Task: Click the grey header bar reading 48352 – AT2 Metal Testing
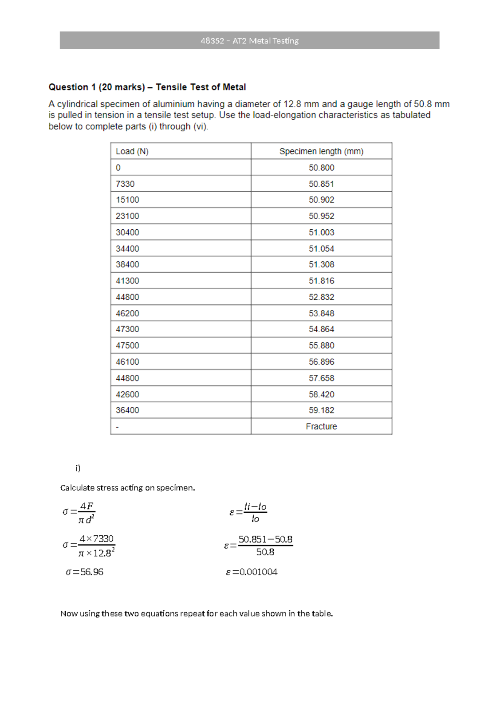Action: tap(249, 40)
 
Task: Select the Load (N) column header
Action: tap(132, 151)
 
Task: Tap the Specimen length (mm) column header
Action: tap(321, 151)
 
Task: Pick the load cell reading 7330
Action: tap(125, 184)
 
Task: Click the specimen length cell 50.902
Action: tap(321, 200)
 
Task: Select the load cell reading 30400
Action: tap(127, 232)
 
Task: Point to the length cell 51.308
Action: tap(321, 265)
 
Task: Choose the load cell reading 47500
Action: tap(127, 346)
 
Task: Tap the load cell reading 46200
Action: tap(127, 313)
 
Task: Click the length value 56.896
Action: tap(321, 362)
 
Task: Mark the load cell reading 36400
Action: tap(127, 410)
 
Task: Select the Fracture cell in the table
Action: tap(321, 426)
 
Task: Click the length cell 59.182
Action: tap(321, 410)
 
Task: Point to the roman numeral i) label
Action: tap(78, 468)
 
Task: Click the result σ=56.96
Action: tap(85, 572)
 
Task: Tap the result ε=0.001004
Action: tap(252, 572)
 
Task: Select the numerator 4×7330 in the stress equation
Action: tap(97, 539)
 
